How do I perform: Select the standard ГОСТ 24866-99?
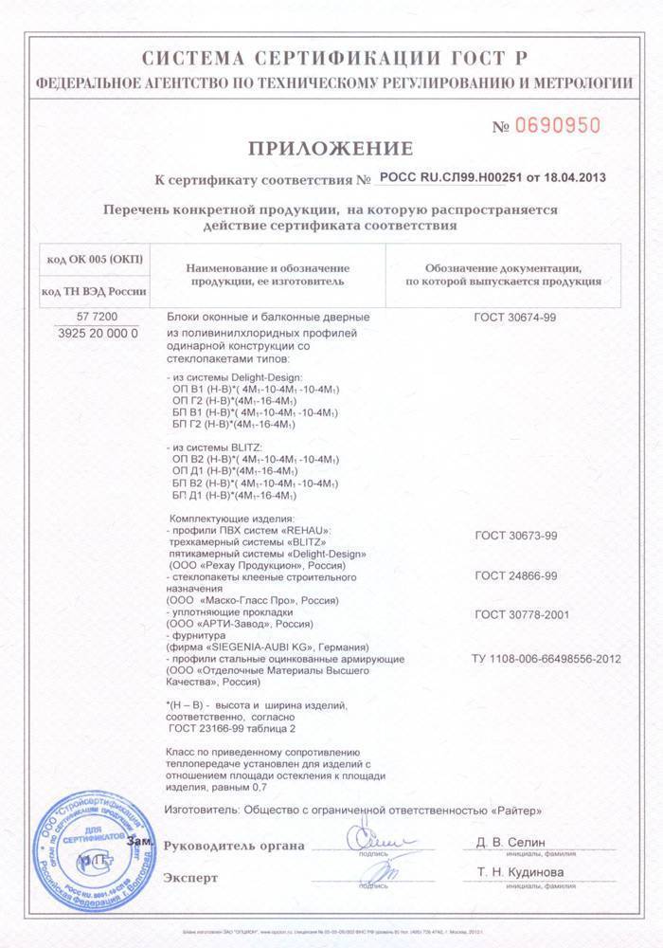pyautogui.click(x=515, y=575)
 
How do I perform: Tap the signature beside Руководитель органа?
pyautogui.click(x=371, y=840)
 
